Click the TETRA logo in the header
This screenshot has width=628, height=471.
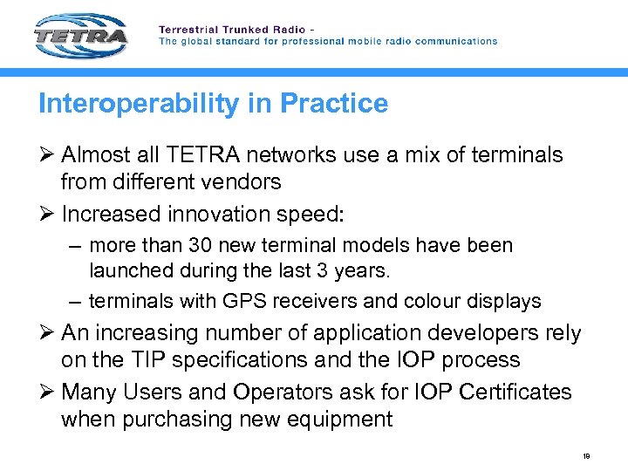click(x=81, y=35)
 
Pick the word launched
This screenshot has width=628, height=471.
click(x=130, y=271)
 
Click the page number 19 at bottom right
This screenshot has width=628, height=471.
click(x=586, y=455)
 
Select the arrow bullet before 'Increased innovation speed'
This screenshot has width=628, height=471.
click(x=46, y=213)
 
